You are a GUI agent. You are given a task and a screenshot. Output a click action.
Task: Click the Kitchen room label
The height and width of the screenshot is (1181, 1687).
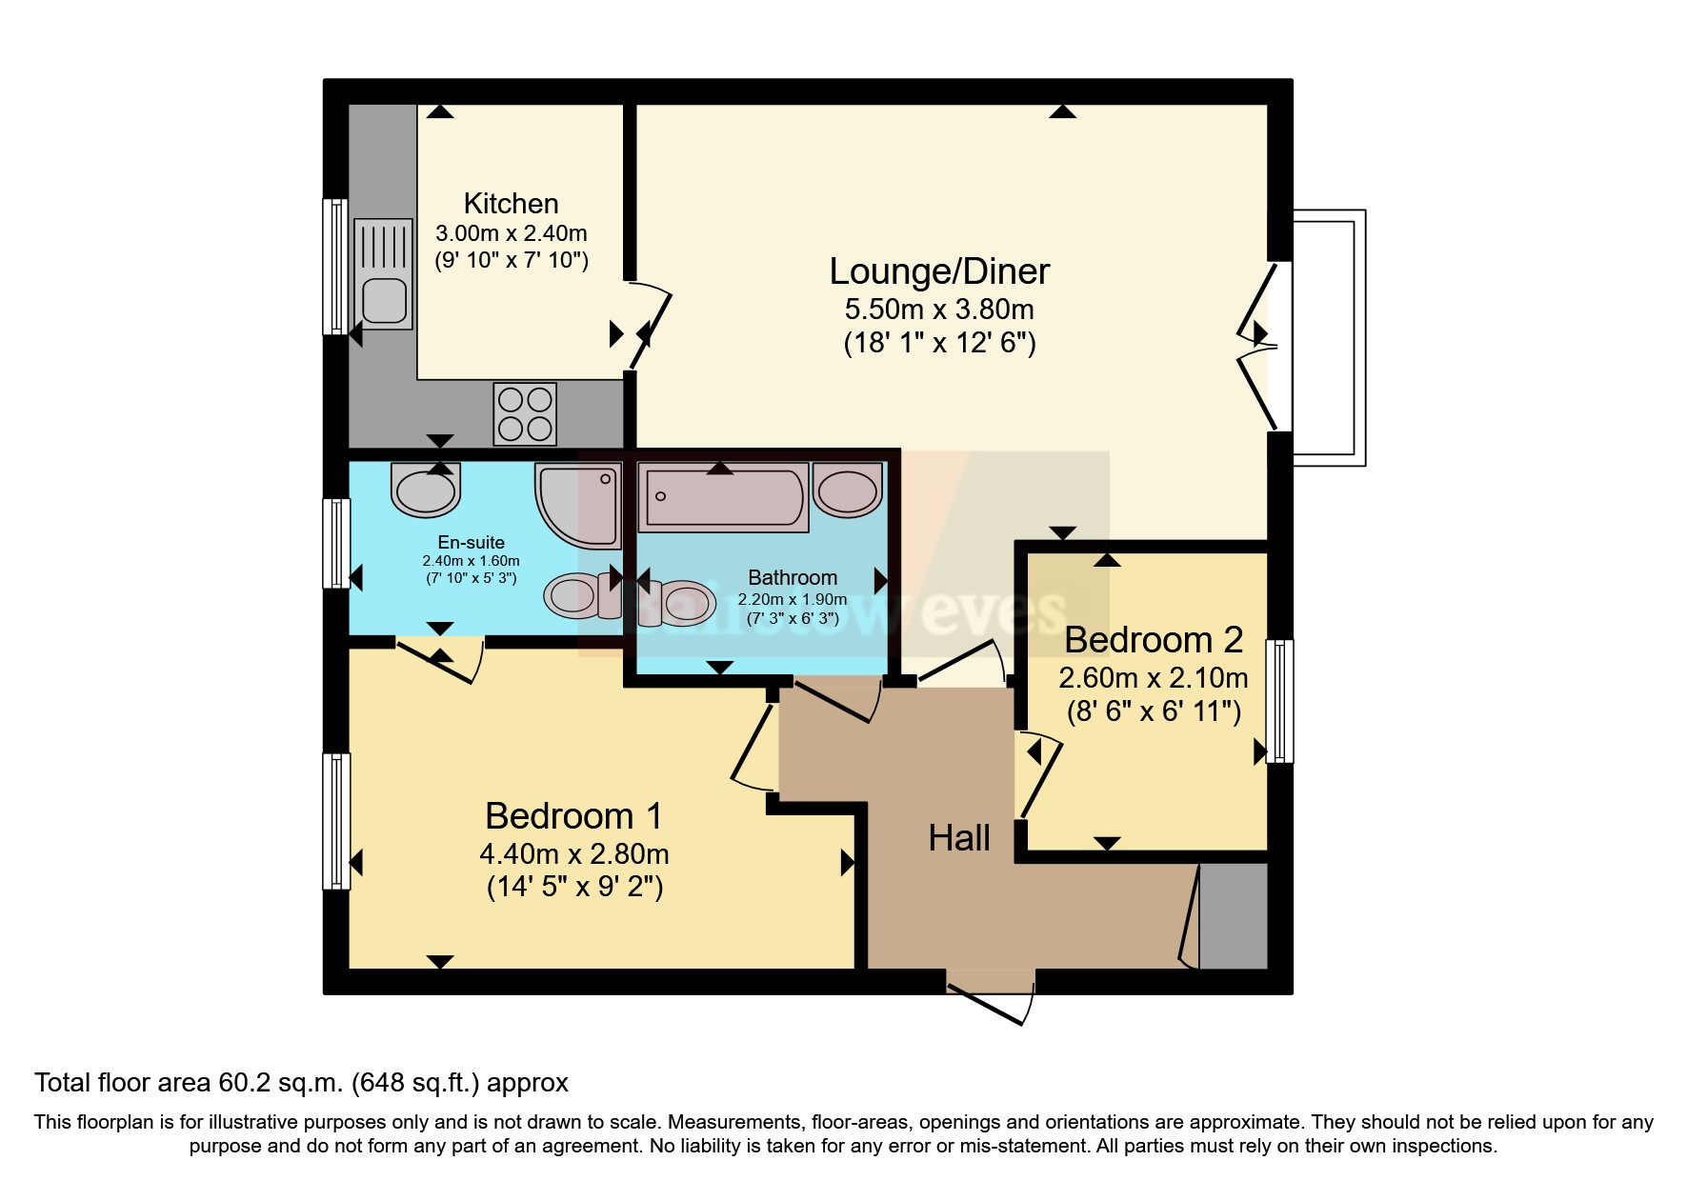511,204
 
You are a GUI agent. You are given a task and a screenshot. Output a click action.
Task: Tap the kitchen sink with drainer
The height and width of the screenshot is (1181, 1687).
383,274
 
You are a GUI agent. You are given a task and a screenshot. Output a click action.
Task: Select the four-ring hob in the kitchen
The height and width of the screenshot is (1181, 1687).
525,414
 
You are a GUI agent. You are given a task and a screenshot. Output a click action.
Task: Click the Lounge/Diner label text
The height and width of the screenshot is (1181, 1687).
938,271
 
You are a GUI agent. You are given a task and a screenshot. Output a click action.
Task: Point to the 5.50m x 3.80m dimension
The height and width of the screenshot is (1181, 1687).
938,310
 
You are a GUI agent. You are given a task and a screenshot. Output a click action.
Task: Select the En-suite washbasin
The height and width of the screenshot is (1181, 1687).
425,490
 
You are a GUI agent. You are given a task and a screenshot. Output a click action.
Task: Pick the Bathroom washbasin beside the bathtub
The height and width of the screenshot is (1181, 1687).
847,490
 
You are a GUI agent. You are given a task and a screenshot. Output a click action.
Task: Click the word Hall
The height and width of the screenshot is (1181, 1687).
958,838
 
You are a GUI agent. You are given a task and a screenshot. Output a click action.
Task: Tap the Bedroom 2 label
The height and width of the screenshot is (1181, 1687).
1153,640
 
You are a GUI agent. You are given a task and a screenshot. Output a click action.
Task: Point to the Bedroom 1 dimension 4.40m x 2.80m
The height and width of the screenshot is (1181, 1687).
573,853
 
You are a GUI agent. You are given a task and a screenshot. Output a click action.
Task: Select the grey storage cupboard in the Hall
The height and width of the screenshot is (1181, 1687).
1233,916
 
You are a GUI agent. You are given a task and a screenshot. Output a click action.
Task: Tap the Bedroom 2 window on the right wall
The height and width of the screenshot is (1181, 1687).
1280,701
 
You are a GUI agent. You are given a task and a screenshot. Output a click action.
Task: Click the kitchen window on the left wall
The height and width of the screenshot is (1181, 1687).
335,267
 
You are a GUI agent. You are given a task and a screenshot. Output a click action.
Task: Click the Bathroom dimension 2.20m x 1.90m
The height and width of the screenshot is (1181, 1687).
792,600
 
